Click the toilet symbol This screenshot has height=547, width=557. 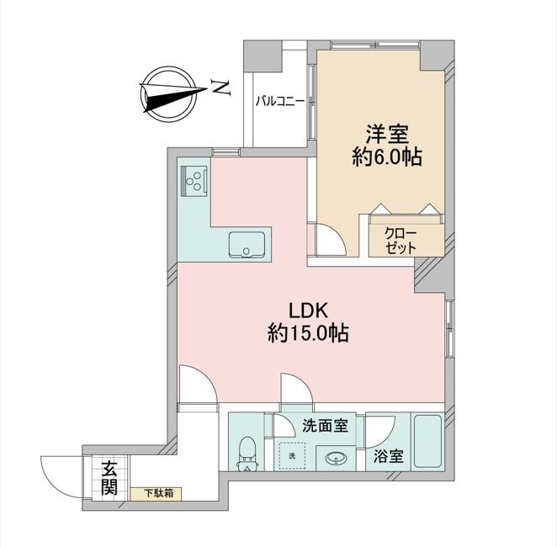pos(247,454)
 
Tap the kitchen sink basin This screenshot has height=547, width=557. pos(247,245)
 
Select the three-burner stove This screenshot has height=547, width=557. pos(194,182)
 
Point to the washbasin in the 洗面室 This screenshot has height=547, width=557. pos(336,458)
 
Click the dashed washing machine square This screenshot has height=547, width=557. pos(292,456)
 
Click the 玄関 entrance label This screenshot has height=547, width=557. pos(109,478)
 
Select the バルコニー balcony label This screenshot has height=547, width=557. pos(280,102)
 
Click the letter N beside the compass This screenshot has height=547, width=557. pos(220,88)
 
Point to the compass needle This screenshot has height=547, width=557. pos(173,96)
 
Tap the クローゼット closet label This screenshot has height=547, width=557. pos(401,241)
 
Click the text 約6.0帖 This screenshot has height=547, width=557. pos(387,157)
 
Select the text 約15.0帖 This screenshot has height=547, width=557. pos(308,333)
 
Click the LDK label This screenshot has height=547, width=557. pos(308,311)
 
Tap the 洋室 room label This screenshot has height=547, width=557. pos(388,134)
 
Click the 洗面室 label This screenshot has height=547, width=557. pos(325,426)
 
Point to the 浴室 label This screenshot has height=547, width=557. pos(388,456)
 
